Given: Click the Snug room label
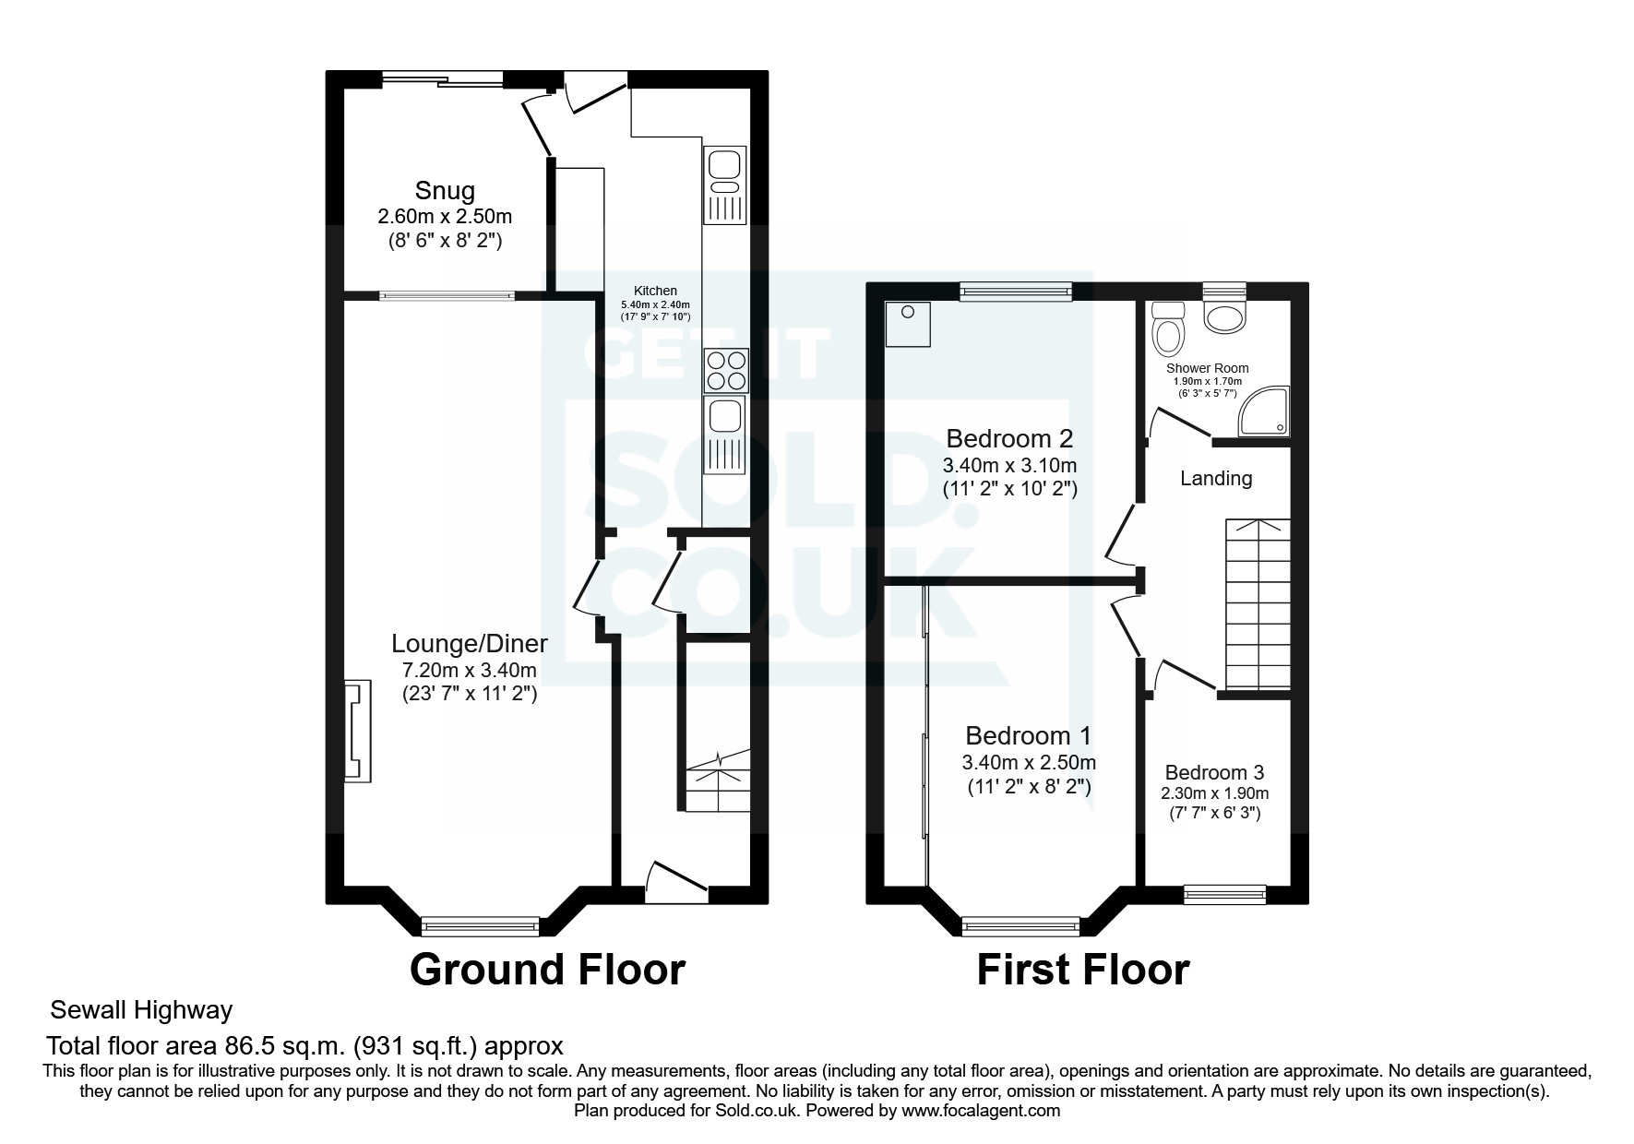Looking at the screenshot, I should point(445,191).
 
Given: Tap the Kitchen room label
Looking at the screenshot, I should point(655,291).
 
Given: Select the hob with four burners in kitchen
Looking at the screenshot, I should point(725,371).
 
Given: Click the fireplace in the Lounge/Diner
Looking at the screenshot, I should point(358,732).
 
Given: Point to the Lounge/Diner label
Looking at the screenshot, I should point(470,644).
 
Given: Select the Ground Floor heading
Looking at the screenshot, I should point(547,971).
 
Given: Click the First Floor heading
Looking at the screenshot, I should point(1082,971).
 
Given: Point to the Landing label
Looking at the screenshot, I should point(1216,478).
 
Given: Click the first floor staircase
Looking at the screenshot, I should point(1257,604).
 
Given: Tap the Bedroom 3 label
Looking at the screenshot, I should point(1214,772).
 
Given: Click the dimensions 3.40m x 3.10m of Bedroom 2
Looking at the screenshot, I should point(1009,465).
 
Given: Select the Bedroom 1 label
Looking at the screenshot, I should point(1028,735).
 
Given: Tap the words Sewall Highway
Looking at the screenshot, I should point(141,1010).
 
